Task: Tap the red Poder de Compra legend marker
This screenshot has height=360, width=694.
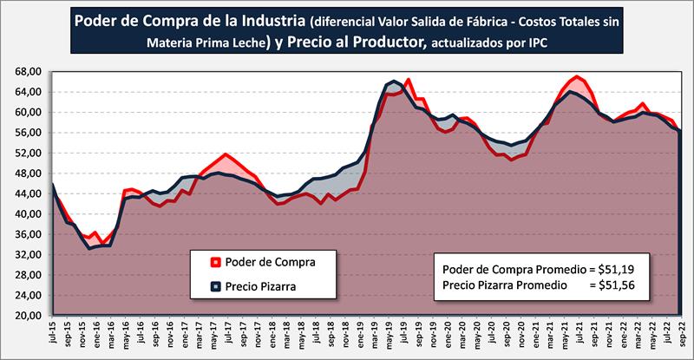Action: (x=214, y=261)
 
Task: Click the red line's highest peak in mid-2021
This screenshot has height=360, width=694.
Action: (x=577, y=77)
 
